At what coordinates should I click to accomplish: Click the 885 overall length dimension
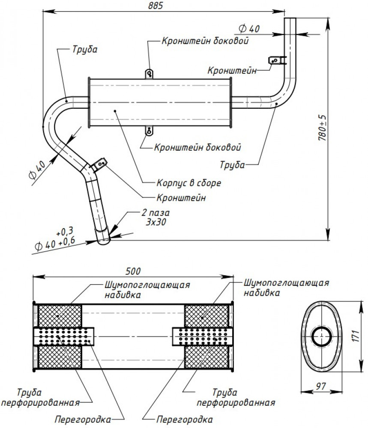point(156,6)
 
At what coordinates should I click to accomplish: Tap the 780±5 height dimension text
point(323,128)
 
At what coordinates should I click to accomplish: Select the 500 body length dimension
point(133,271)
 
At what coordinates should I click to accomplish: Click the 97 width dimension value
point(321,386)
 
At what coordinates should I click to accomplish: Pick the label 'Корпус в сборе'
point(189,183)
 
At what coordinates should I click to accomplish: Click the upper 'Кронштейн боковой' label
point(205,41)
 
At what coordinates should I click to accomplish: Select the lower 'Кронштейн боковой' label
point(197,147)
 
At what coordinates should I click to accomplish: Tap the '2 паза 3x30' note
point(156,217)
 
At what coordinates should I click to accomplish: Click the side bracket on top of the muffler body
point(149,74)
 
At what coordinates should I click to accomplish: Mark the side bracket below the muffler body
point(149,131)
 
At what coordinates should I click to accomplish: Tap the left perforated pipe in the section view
point(64,336)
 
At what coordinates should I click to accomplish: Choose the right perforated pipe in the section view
point(203,336)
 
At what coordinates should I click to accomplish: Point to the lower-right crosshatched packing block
point(206,357)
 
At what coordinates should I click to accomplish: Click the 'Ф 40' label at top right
point(249,29)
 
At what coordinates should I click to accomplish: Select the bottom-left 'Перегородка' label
point(83,419)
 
